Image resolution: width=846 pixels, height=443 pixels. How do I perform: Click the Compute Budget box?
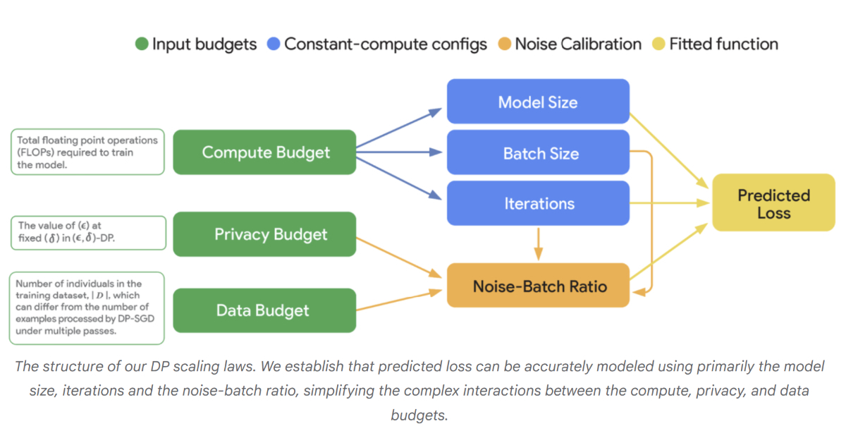264,152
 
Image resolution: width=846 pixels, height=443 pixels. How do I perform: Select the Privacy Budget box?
264,234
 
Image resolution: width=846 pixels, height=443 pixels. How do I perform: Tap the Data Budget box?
264,310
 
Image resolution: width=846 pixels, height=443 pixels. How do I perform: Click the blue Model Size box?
538,102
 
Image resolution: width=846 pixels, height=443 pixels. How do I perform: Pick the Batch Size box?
538,152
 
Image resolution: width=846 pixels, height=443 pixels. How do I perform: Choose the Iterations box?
538,203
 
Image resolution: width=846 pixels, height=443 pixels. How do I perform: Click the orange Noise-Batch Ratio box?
538,285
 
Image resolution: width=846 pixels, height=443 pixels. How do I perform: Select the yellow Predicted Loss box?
773,202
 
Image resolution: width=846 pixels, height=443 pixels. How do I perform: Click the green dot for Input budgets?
142,44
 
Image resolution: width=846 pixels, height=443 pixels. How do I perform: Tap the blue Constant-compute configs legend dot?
274,44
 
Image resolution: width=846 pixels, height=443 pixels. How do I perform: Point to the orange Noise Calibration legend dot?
505,44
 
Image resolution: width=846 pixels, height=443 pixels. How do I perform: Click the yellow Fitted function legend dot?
658,44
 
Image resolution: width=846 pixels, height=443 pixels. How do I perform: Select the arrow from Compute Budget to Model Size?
399,128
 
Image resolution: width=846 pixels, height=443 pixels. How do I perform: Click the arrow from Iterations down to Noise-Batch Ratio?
539,244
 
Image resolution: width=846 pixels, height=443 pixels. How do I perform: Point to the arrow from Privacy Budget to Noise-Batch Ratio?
399,257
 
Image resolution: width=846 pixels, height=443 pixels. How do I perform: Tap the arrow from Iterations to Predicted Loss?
670,203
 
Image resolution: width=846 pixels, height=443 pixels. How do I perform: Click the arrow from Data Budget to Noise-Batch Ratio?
399,300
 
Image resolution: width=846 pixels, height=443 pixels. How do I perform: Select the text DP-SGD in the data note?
136,319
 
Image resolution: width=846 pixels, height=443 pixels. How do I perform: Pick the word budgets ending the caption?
419,415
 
